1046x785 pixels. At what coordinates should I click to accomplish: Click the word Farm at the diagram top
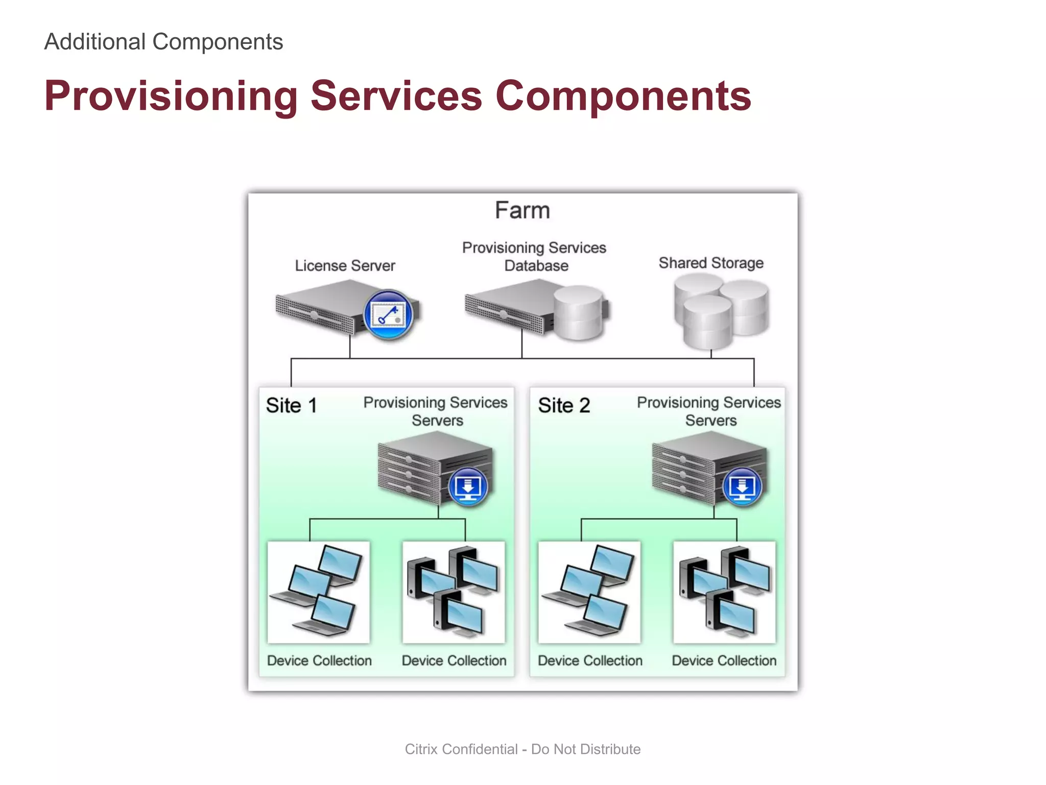pos(522,211)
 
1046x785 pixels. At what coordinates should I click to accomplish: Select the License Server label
pos(345,266)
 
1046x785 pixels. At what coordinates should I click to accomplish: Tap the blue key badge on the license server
pos(388,315)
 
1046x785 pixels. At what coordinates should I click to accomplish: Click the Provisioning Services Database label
pos(534,257)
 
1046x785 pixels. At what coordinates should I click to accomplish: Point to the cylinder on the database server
pos(579,313)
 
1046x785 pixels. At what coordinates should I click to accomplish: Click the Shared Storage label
pos(710,263)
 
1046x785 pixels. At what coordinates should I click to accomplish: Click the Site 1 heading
pos(291,406)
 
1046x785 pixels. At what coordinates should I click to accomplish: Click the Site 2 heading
pos(564,406)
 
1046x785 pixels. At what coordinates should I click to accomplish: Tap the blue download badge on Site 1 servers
pos(468,487)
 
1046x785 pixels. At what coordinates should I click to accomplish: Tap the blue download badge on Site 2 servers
pos(742,487)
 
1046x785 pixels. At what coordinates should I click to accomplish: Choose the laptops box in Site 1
pos(318,592)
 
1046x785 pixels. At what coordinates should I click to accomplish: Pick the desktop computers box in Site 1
pos(454,592)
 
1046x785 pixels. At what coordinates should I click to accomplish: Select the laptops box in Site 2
pos(589,592)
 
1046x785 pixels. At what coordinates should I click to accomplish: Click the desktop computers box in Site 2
pos(724,592)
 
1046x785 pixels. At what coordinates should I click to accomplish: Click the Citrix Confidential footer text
pos(522,749)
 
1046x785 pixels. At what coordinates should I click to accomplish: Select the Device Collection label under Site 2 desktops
pos(724,661)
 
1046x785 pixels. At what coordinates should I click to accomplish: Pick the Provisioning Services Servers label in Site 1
pos(436,411)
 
